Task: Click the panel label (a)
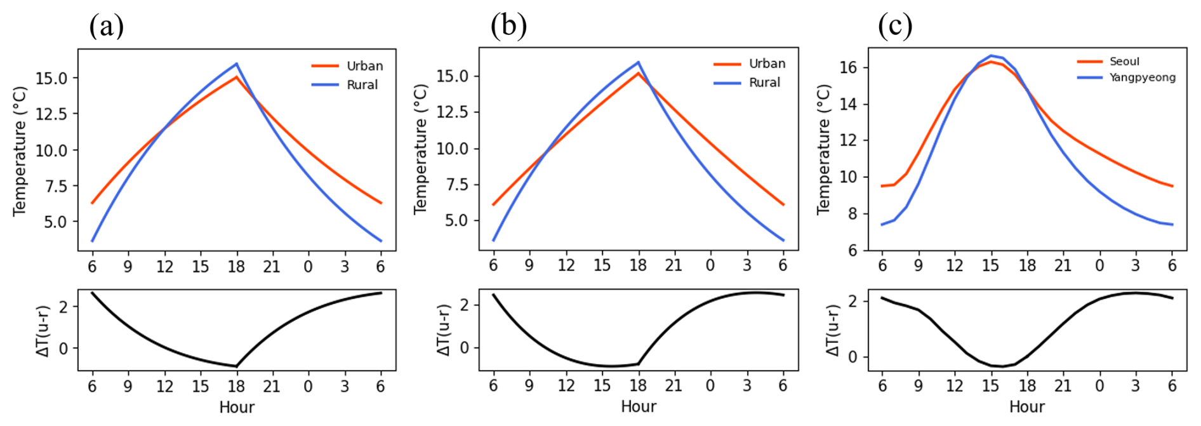pyautogui.click(x=106, y=27)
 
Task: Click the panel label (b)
pyautogui.click(x=508, y=27)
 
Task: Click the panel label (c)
pyautogui.click(x=895, y=27)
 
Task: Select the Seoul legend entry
pyautogui.click(x=1124, y=62)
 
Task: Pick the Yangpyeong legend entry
pyautogui.click(x=1142, y=77)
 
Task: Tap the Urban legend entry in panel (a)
pyautogui.click(x=364, y=66)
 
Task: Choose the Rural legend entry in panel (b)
pyautogui.click(x=764, y=83)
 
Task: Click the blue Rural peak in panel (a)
pyautogui.click(x=236, y=63)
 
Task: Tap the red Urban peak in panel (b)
pyautogui.click(x=639, y=73)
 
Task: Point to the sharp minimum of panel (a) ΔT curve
pyautogui.click(x=237, y=366)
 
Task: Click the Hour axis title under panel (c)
pyautogui.click(x=1026, y=407)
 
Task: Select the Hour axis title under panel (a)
pyautogui.click(x=237, y=407)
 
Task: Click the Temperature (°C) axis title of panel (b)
pyautogui.click(x=421, y=149)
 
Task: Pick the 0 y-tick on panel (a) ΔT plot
pyautogui.click(x=63, y=349)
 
